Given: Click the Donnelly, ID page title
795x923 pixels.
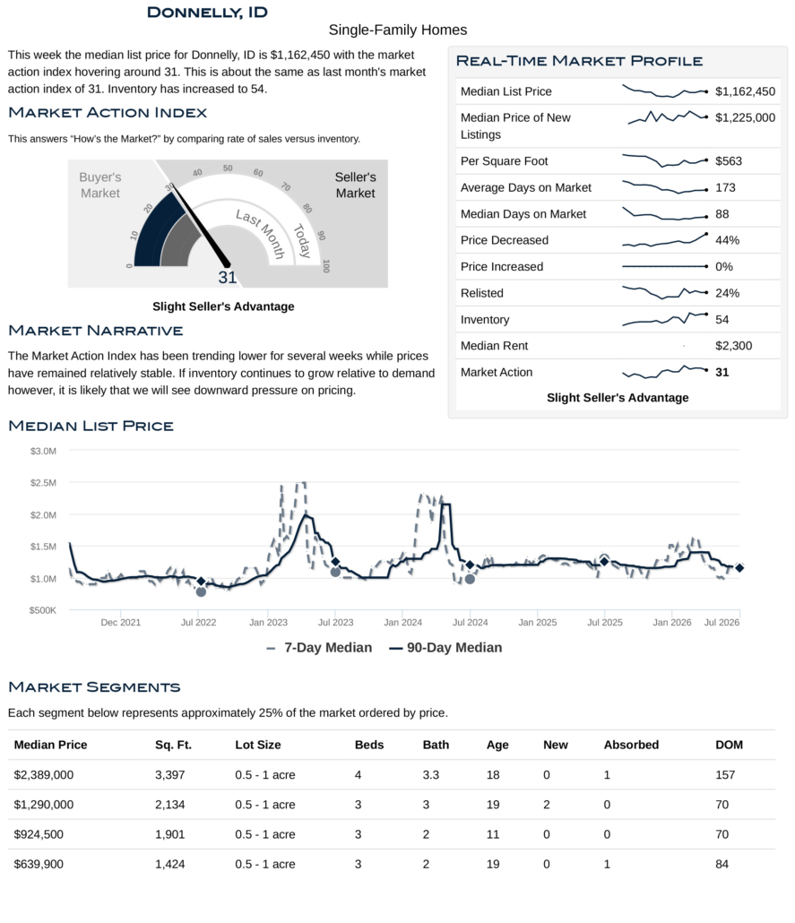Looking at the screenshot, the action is click(207, 13).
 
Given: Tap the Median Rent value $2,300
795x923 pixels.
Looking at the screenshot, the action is click(733, 346).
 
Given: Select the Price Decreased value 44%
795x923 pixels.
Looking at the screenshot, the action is click(727, 240).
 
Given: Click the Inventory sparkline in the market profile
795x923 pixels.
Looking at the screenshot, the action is click(665, 318).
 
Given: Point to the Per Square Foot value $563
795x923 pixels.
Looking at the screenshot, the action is click(729, 161).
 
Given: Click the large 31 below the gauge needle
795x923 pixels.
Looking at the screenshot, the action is click(228, 277).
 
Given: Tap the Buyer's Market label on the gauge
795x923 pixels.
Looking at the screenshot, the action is click(100, 185).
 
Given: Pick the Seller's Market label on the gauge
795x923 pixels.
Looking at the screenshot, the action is click(355, 185).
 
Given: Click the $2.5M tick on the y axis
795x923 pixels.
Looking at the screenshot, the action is click(43, 483).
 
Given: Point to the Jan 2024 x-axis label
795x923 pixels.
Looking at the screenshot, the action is click(402, 622).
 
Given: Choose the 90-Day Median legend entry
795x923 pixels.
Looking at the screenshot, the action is click(445, 648).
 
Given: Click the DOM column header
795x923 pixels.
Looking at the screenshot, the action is click(729, 745).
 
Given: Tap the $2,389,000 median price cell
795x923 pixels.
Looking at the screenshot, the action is click(44, 774).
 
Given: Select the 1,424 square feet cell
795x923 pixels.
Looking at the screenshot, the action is click(169, 864).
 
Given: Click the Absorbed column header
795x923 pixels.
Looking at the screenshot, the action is click(631, 745).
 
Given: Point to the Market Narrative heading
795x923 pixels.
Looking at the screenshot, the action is click(95, 331).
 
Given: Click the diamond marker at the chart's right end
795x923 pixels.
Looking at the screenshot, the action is click(739, 568).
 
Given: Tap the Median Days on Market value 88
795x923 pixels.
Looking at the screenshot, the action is click(722, 214).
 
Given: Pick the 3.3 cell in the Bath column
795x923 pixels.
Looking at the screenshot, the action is click(430, 774).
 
